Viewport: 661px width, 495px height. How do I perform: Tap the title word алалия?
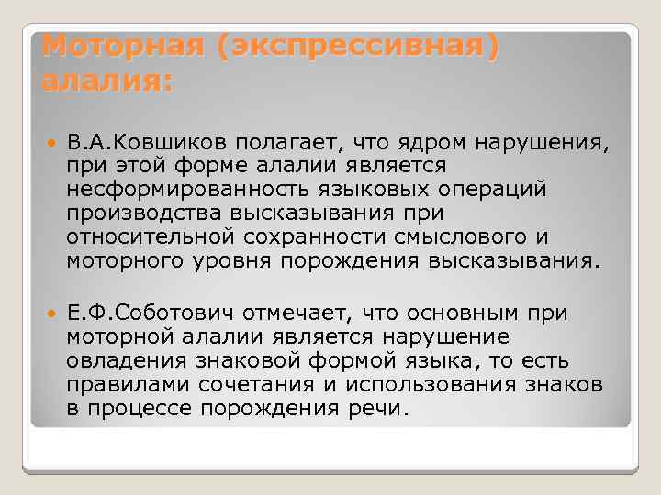107,81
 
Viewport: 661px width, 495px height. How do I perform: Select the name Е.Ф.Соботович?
151,313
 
